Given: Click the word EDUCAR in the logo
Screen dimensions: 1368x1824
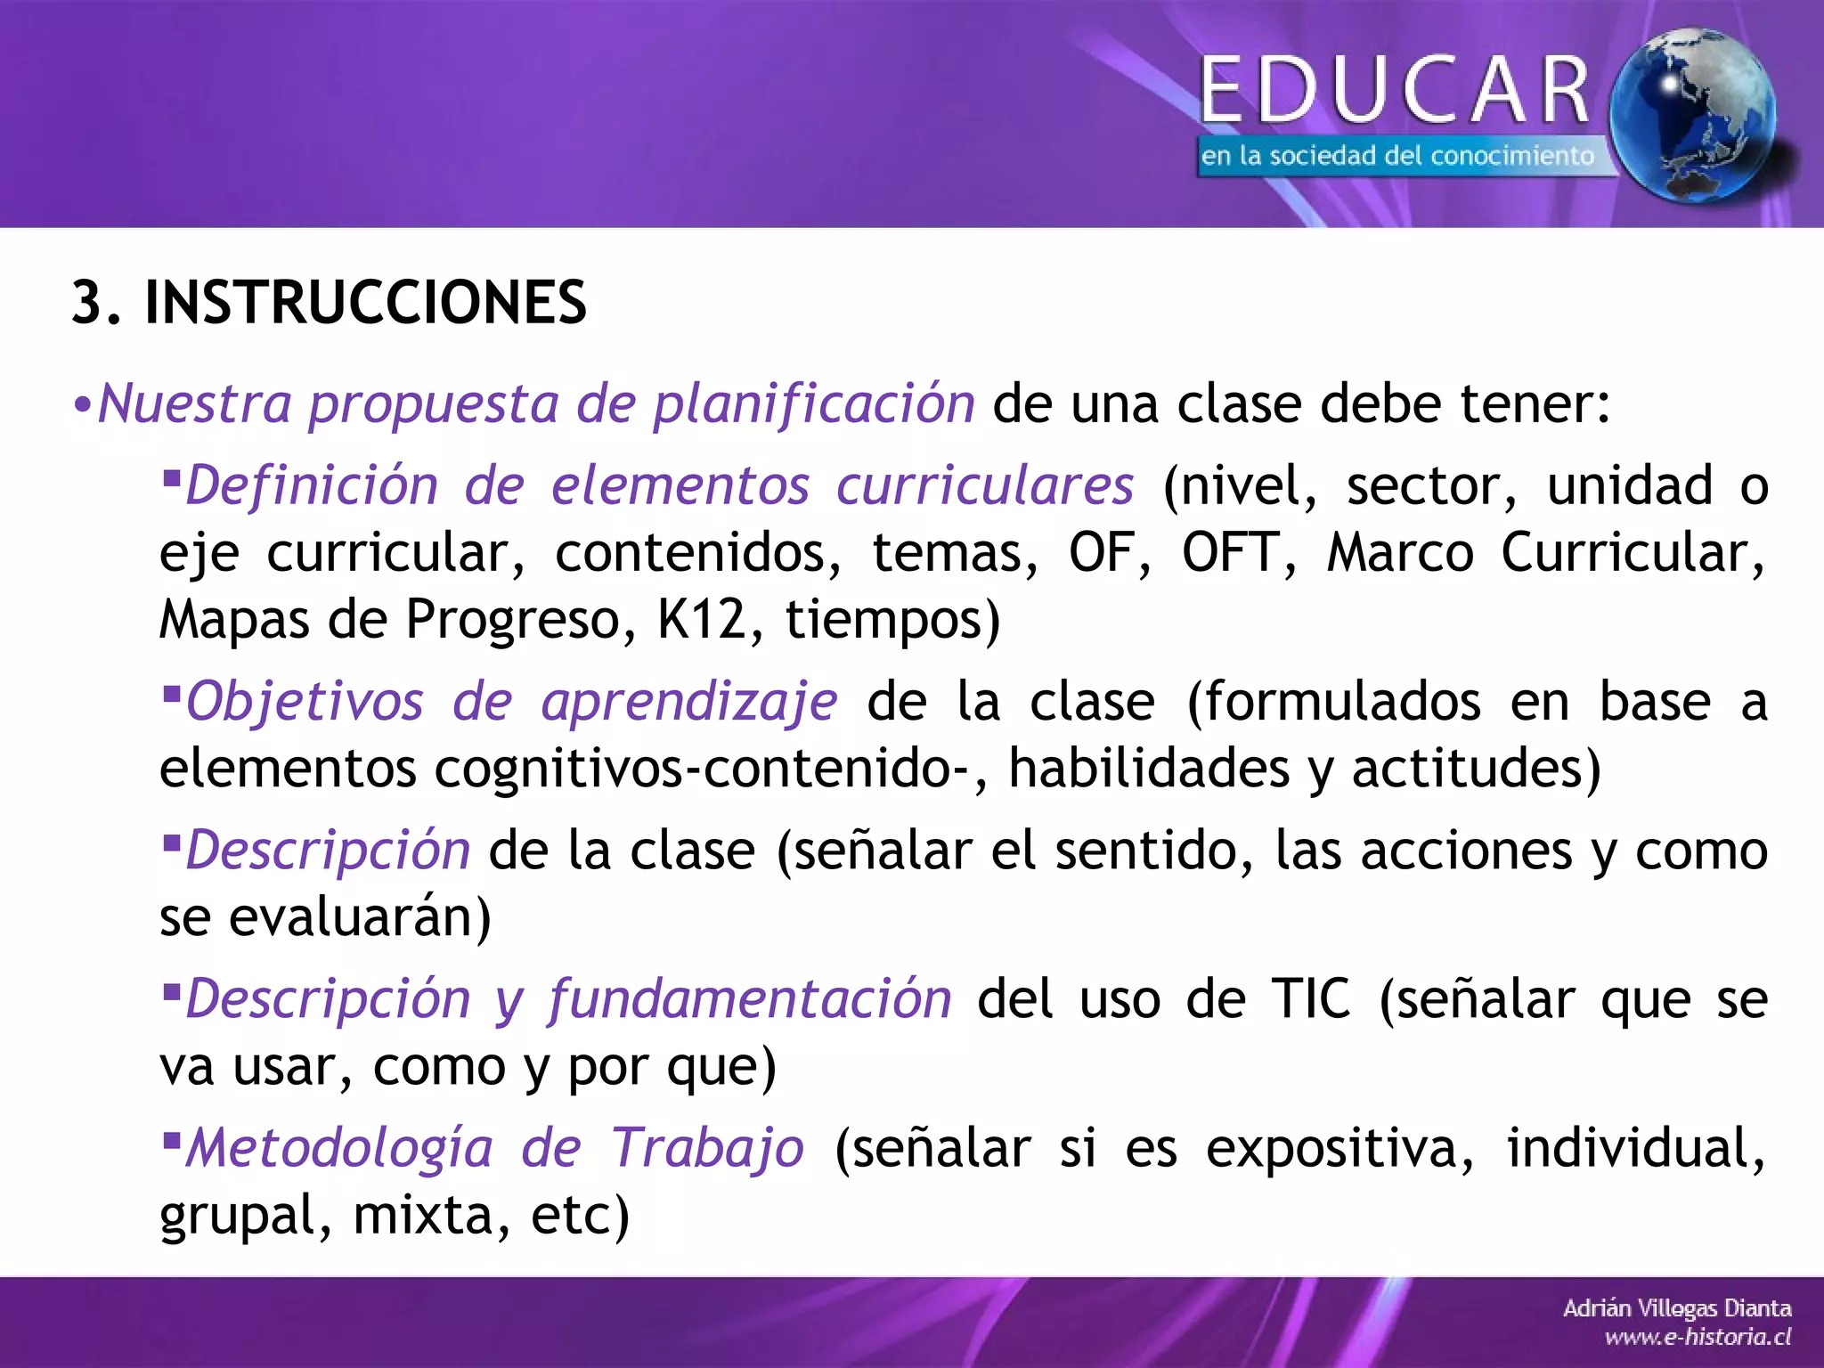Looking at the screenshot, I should (1396, 90).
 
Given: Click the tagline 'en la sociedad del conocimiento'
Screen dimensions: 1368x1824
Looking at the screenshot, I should (1396, 157).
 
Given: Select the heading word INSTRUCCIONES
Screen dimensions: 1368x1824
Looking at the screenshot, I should (365, 303).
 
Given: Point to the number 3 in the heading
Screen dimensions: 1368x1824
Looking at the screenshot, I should (87, 303).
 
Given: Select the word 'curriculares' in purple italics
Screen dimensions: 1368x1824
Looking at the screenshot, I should (984, 486).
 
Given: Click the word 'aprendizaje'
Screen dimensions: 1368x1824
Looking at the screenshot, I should (689, 703).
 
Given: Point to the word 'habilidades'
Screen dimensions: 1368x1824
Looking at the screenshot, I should (1148, 769).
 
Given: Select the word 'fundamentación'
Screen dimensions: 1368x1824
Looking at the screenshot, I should (750, 999).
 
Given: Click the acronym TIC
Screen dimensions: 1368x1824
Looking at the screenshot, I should (1310, 999).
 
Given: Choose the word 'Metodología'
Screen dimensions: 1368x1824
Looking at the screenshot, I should (339, 1148).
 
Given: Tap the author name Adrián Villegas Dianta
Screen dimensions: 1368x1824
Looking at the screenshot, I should (1676, 1308).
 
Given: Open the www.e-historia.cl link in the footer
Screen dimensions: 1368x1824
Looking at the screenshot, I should (1698, 1337).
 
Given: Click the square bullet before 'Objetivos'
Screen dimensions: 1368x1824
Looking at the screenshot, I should (172, 690).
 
